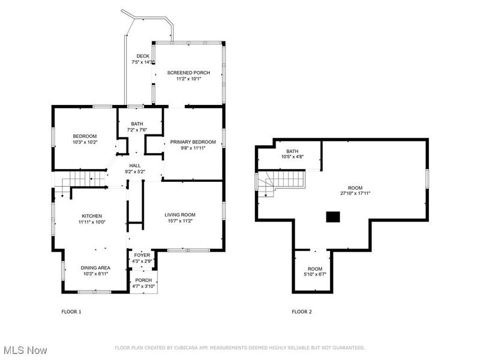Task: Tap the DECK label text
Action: coord(143,56)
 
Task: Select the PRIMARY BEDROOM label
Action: coord(193,142)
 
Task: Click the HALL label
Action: coord(135,165)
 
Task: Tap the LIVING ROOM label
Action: coord(180,215)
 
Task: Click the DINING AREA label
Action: coord(96,268)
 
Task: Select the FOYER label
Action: coord(142,255)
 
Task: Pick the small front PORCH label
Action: coord(143,280)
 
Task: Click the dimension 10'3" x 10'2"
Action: coord(85,142)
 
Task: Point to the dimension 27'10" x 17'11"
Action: coord(355,193)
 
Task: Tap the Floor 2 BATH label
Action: coord(292,151)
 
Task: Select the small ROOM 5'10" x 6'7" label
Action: coord(315,269)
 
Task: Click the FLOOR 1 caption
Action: coord(71,311)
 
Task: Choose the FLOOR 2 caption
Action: coord(301,311)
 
